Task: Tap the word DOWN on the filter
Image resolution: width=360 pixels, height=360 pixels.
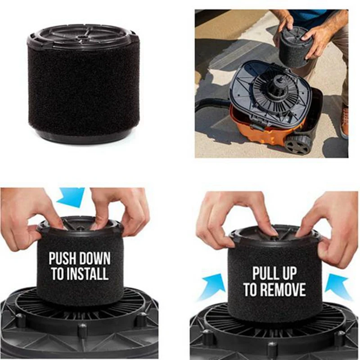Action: pyautogui.click(x=95, y=259)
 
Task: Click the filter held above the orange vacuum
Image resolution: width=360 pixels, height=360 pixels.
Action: pyautogui.click(x=296, y=46)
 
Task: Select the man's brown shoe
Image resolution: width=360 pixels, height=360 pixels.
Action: pyautogui.click(x=344, y=121)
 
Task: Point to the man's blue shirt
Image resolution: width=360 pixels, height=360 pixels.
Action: pyautogui.click(x=310, y=16)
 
